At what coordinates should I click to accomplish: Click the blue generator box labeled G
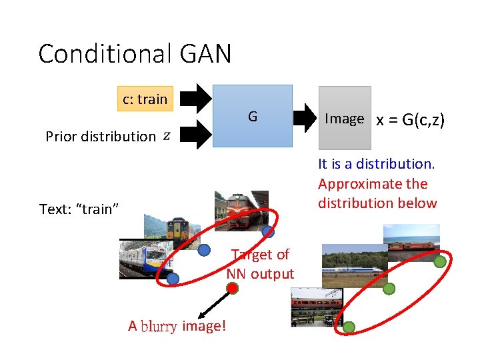coord(253,116)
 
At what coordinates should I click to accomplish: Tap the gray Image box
coord(344,118)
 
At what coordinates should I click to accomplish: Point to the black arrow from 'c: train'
coord(195,99)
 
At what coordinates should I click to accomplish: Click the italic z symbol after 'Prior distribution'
coord(166,136)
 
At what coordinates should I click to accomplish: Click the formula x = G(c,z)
coord(410,120)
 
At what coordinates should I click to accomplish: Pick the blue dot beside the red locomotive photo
coord(268,232)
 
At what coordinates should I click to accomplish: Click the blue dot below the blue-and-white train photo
coord(173,279)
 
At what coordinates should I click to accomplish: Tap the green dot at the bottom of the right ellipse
coord(349,327)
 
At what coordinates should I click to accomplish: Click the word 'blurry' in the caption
coord(159,326)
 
